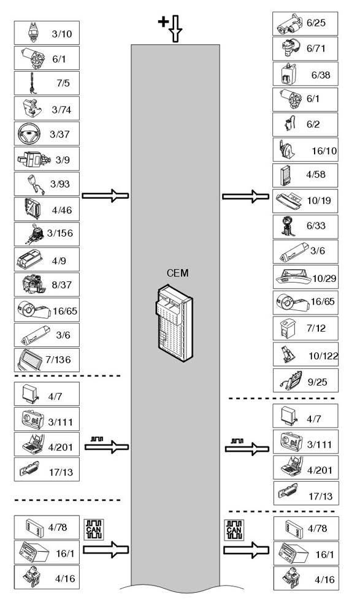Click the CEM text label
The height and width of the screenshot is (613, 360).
tap(178, 273)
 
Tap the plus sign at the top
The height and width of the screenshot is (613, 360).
tap(163, 21)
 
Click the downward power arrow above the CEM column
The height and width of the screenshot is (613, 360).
tap(175, 29)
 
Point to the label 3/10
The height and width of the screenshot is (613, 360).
tap(62, 34)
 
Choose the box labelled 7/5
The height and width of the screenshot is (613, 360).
tap(47, 83)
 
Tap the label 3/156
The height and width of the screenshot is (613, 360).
tap(60, 233)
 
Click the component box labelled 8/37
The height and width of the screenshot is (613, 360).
tap(47, 284)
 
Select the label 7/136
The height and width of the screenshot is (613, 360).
tap(58, 359)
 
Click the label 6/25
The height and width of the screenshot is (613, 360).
tap(316, 23)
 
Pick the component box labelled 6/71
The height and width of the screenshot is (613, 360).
tap(305, 48)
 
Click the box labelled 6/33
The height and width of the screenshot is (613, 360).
tap(305, 227)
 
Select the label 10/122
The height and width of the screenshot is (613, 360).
tap(323, 356)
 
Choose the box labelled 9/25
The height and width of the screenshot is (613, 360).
tap(305, 380)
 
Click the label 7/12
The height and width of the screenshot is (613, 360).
tap(316, 328)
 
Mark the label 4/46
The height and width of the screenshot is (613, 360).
tap(62, 210)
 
